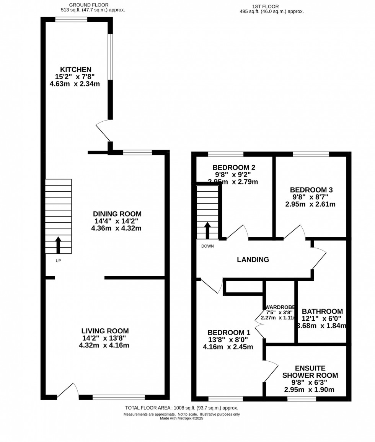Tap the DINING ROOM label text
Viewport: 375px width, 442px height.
(x=117, y=214)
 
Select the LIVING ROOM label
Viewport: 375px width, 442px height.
(x=105, y=331)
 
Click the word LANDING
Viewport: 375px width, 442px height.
(x=253, y=260)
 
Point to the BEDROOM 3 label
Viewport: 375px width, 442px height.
(x=311, y=190)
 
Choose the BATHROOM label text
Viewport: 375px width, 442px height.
(x=322, y=312)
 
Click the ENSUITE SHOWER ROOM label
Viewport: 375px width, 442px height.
(x=310, y=372)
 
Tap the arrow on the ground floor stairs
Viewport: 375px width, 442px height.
(x=58, y=245)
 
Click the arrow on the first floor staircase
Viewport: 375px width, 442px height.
(x=207, y=230)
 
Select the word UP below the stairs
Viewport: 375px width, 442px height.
(x=58, y=261)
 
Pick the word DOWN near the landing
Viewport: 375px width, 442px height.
(x=207, y=246)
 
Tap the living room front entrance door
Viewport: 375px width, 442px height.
(x=68, y=391)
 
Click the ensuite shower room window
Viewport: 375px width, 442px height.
(x=302, y=399)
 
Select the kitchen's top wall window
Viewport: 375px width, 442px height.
(x=71, y=20)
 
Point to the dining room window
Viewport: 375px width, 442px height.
(x=137, y=152)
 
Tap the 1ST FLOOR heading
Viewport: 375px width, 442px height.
(x=265, y=6)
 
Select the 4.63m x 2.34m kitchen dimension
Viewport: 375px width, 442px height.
(x=75, y=83)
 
